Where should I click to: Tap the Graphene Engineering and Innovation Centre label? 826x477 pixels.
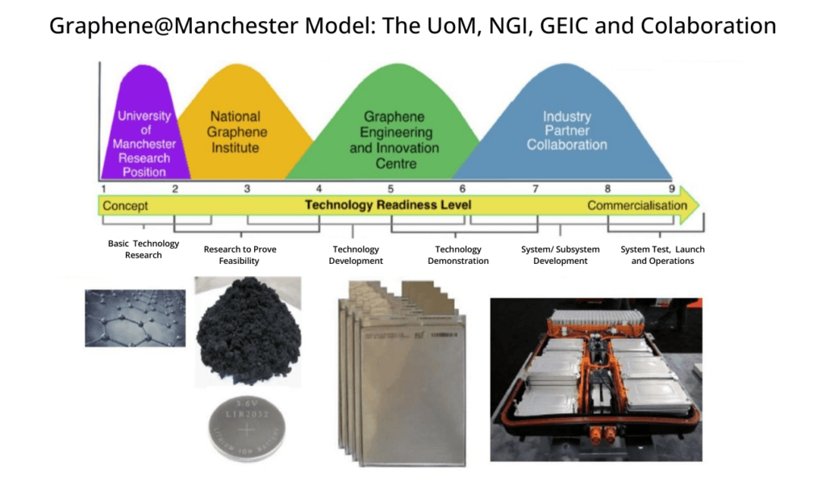[x=394, y=140]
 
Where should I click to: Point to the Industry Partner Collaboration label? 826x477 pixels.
[x=566, y=132]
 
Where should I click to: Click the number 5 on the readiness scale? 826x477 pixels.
[x=390, y=189]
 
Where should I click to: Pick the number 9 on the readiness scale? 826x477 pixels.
[x=671, y=189]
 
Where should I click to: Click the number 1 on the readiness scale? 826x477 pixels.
[x=104, y=189]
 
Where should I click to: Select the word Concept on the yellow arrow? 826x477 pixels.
[x=125, y=206]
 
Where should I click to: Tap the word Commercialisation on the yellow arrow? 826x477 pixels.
[x=637, y=206]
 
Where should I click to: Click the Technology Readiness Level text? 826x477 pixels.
[x=388, y=206]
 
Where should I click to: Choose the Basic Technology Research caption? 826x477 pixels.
[x=144, y=249]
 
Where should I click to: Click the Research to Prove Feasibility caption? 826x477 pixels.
[x=240, y=255]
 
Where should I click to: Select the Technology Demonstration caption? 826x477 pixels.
[x=458, y=255]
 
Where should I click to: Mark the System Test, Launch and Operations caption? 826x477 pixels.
[x=662, y=255]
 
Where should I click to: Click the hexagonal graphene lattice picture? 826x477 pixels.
[x=136, y=318]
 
